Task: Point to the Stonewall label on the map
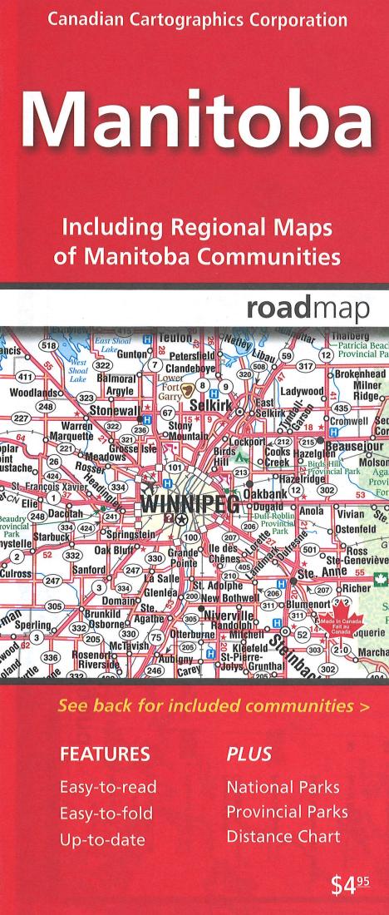point(96,410)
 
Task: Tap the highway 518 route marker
point(26,345)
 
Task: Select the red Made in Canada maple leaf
point(327,626)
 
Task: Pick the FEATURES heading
point(105,754)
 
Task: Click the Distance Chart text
point(283,836)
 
